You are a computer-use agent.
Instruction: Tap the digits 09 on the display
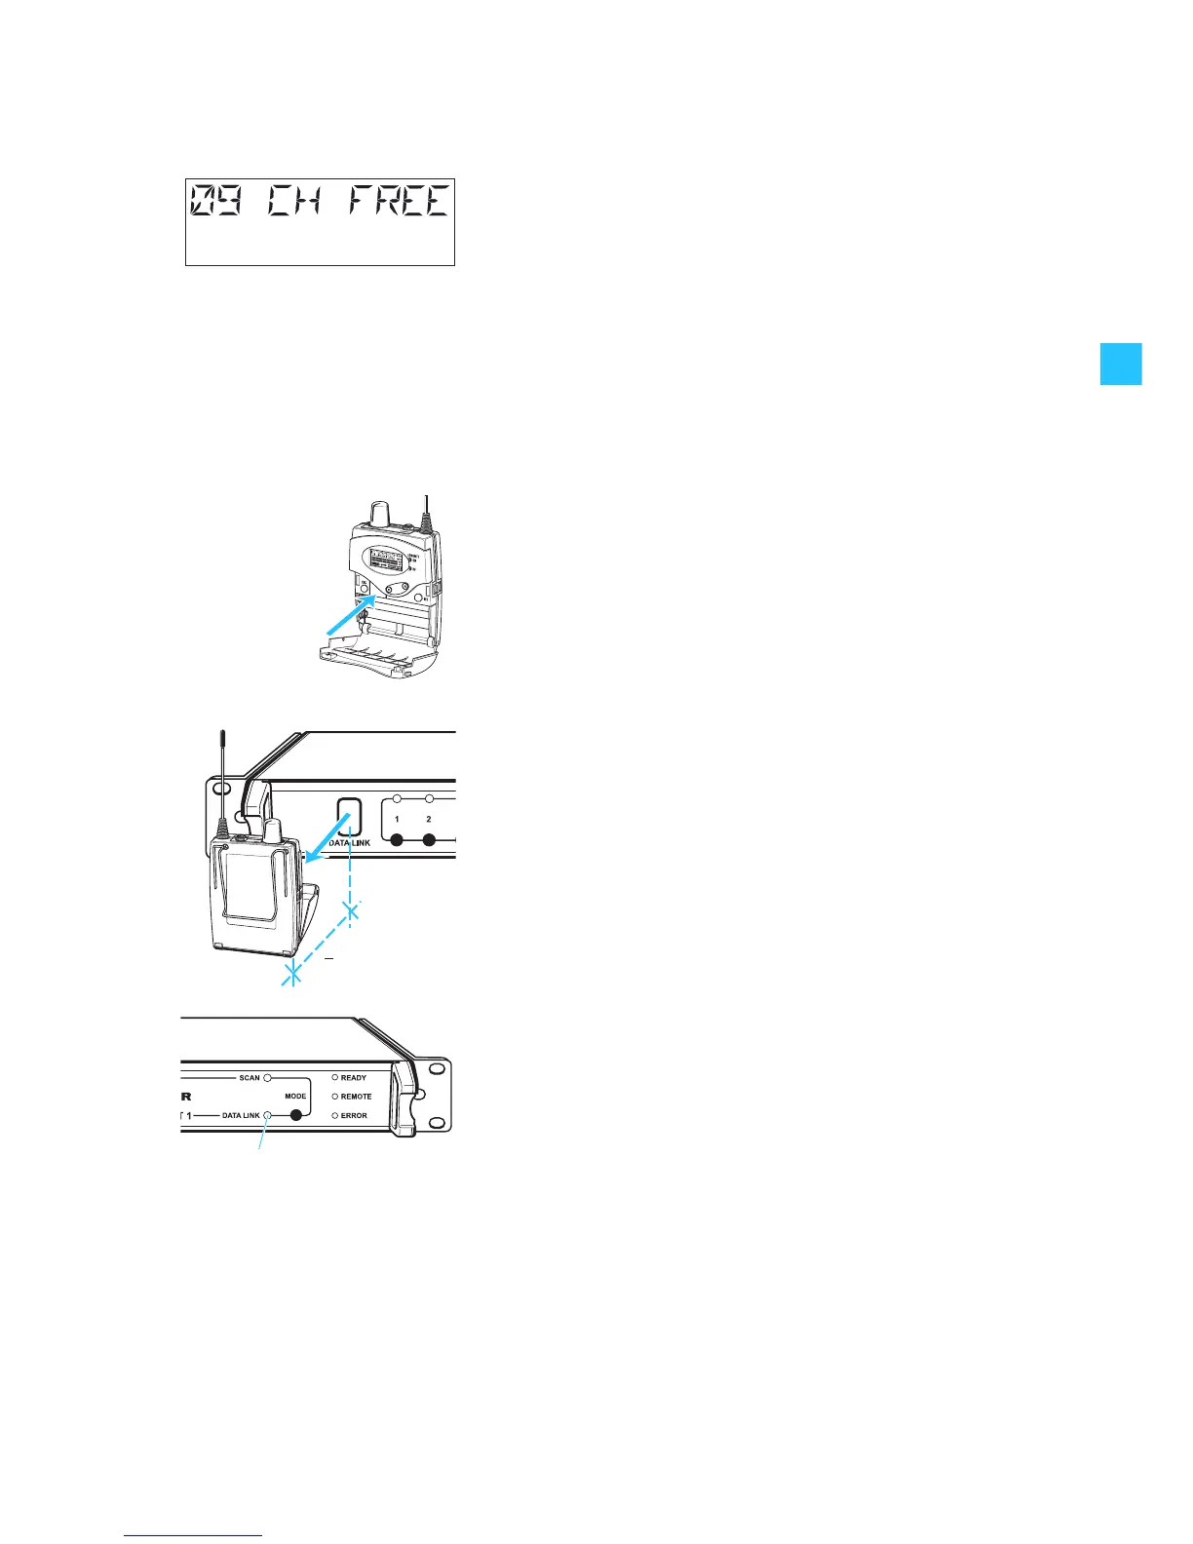(x=213, y=202)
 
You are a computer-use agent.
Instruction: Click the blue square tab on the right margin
(x=1120, y=364)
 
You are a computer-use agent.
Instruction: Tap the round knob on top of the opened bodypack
(x=382, y=514)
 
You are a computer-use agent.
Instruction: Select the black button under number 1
(x=397, y=839)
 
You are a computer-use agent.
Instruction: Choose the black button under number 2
(x=429, y=839)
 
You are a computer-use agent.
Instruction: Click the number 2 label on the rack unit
(x=429, y=820)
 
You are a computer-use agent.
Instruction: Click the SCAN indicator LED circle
(x=266, y=1078)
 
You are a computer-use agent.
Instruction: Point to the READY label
(x=354, y=1078)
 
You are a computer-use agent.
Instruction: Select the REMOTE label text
(x=356, y=1097)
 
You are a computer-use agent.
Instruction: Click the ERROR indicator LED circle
(x=335, y=1115)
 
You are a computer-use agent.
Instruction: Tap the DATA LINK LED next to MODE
(x=266, y=1115)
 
